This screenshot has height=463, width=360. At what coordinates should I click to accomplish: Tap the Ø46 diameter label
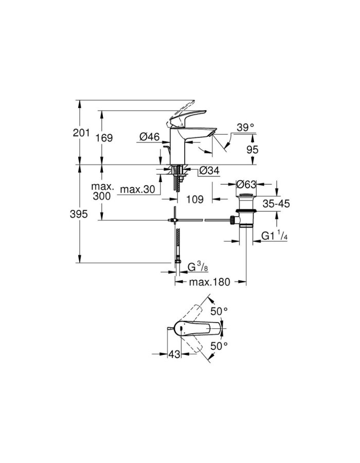click(150, 136)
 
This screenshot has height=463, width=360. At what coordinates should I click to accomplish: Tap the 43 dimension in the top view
click(175, 354)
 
